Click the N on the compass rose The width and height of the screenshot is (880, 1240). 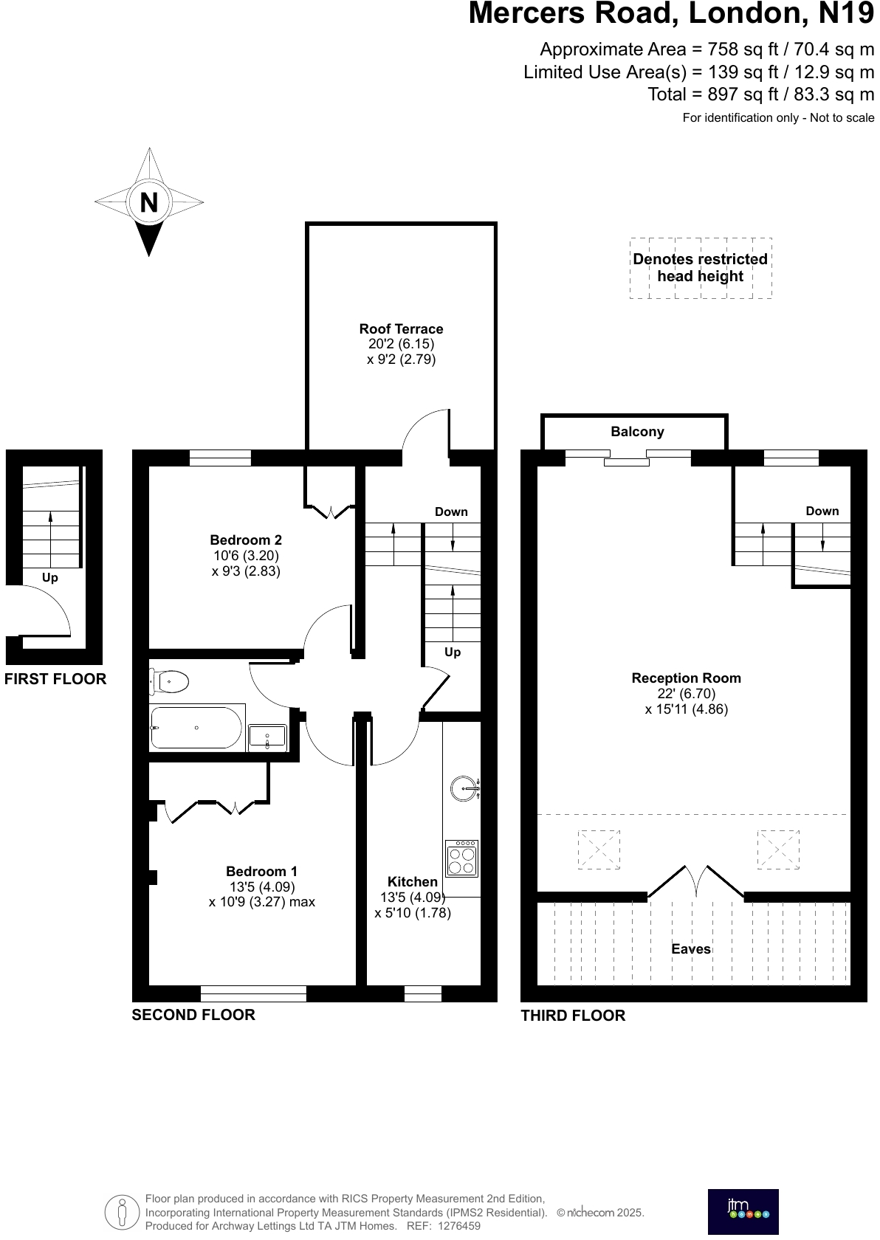coord(149,202)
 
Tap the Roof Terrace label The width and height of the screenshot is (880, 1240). coord(401,329)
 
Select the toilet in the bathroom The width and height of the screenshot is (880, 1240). coord(169,681)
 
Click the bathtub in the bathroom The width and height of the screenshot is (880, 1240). coord(196,728)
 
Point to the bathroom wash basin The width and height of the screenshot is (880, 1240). coord(267,737)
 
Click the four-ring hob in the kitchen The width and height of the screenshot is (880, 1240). coord(462,859)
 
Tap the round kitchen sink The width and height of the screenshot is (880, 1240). coord(464,788)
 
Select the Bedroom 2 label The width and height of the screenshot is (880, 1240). coord(246,540)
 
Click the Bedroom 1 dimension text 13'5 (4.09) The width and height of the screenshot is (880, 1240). coord(262,887)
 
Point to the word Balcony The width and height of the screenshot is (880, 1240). coord(637,432)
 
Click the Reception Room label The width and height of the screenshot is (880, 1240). coord(686,678)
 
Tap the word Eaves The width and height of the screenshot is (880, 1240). coord(691,949)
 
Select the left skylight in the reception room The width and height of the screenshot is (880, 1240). coord(599,850)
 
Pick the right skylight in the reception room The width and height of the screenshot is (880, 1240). coord(778,850)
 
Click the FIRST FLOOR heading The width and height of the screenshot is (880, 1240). coord(55,679)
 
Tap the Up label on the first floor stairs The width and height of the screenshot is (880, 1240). coord(49,577)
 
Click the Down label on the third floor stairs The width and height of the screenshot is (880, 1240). coord(822,511)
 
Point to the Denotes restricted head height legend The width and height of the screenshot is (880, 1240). coord(700,268)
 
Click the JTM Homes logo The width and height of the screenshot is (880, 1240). coord(743,1211)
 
